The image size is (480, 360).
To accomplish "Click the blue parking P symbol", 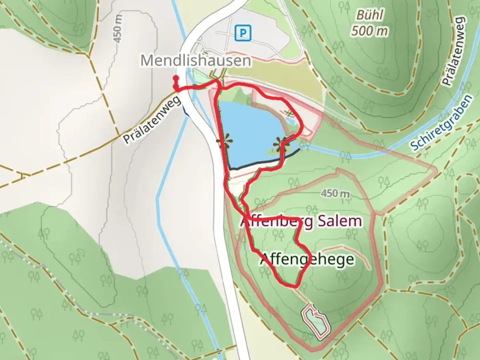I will pyautogui.click(x=243, y=33).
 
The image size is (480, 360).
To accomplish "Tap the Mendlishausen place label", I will pyautogui.click(x=196, y=61).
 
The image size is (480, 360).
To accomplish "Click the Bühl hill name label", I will pyautogui.click(x=369, y=15).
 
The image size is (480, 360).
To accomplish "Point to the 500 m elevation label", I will pyautogui.click(x=369, y=31).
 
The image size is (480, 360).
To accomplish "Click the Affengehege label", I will pyautogui.click(x=307, y=259).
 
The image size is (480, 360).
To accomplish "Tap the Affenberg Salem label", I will pyautogui.click(x=301, y=221).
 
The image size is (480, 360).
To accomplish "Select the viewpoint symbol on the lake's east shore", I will pyautogui.click(x=280, y=144).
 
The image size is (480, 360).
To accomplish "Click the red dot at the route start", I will pyautogui.click(x=175, y=78).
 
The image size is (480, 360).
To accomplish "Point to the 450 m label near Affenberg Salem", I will pyautogui.click(x=335, y=193).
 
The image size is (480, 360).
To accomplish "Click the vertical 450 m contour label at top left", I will pyautogui.click(x=118, y=29).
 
